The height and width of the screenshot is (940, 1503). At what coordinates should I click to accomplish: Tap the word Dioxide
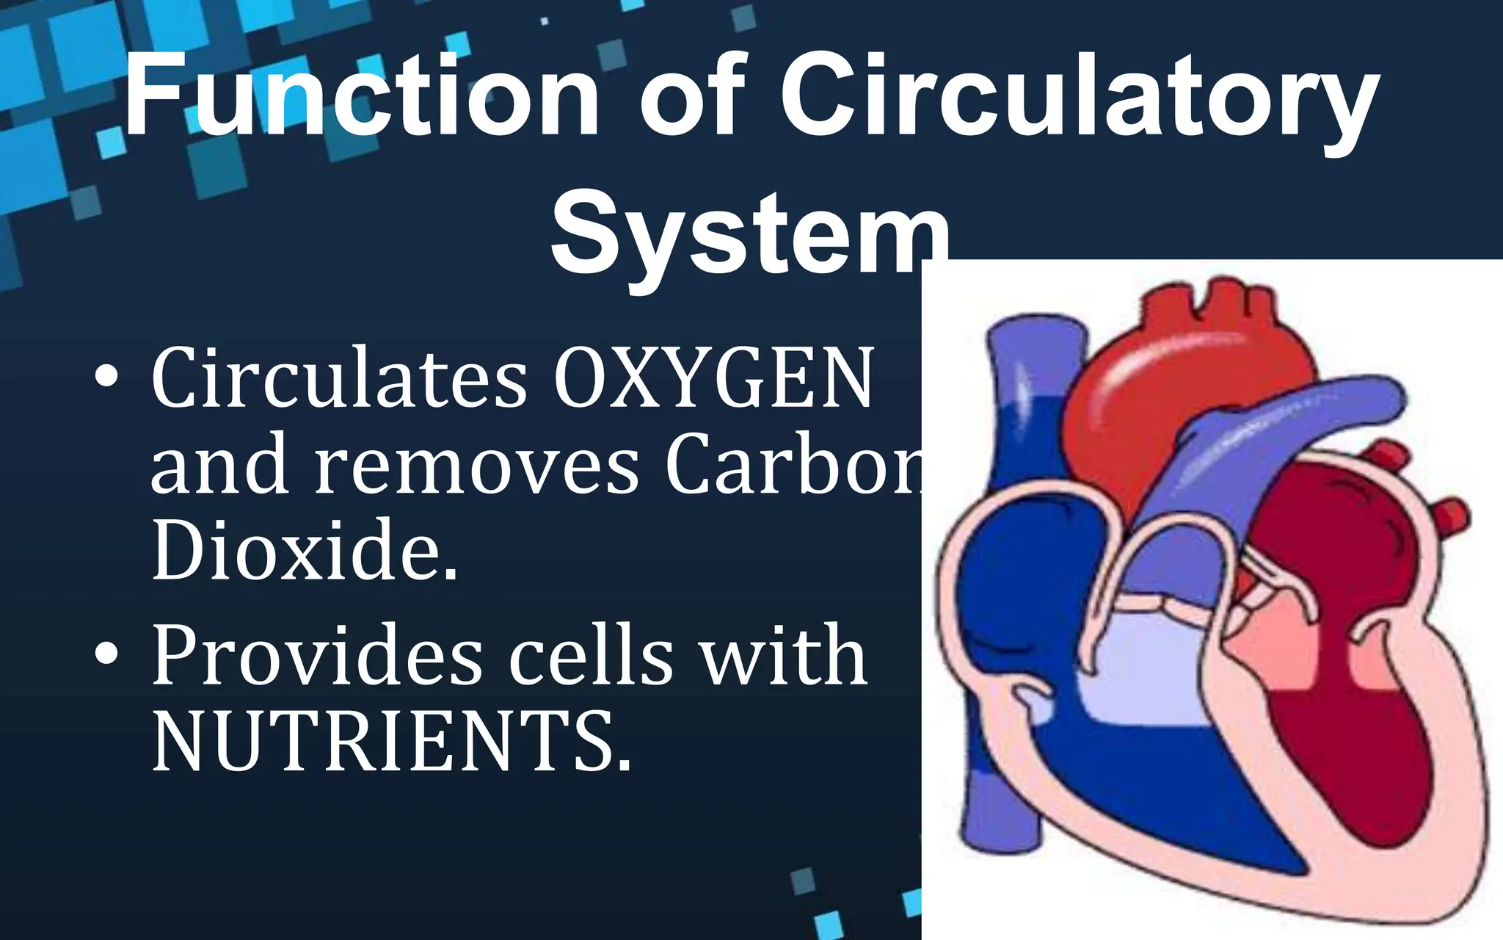click(305, 551)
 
